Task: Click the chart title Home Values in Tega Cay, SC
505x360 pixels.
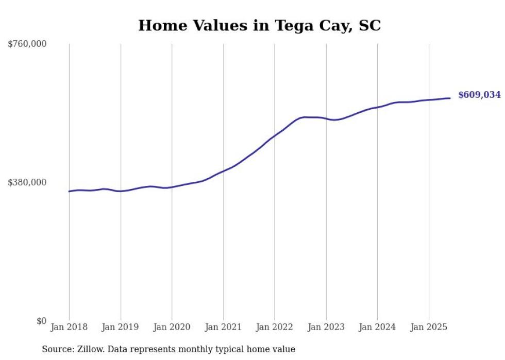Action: pyautogui.click(x=259, y=26)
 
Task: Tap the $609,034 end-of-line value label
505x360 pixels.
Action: pyautogui.click(x=479, y=95)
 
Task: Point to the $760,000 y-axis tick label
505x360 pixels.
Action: pyautogui.click(x=27, y=44)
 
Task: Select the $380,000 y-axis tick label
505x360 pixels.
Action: pyautogui.click(x=27, y=182)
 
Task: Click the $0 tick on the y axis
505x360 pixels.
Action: pyautogui.click(x=41, y=321)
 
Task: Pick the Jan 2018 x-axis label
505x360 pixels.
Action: pyautogui.click(x=69, y=327)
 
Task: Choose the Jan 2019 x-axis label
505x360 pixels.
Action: pyautogui.click(x=121, y=327)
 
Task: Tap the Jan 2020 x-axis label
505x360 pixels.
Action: pyautogui.click(x=172, y=327)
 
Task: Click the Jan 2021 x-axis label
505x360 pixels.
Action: pyautogui.click(x=223, y=327)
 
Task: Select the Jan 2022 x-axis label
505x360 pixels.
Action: pyautogui.click(x=275, y=327)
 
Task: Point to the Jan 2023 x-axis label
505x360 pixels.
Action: pyautogui.click(x=326, y=327)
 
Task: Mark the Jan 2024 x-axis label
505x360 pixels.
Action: pyautogui.click(x=377, y=327)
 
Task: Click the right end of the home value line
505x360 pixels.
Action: pyautogui.click(x=450, y=98)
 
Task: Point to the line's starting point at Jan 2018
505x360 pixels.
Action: pyautogui.click(x=69, y=191)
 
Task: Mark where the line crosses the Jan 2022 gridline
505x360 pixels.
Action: pyautogui.click(x=275, y=135)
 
